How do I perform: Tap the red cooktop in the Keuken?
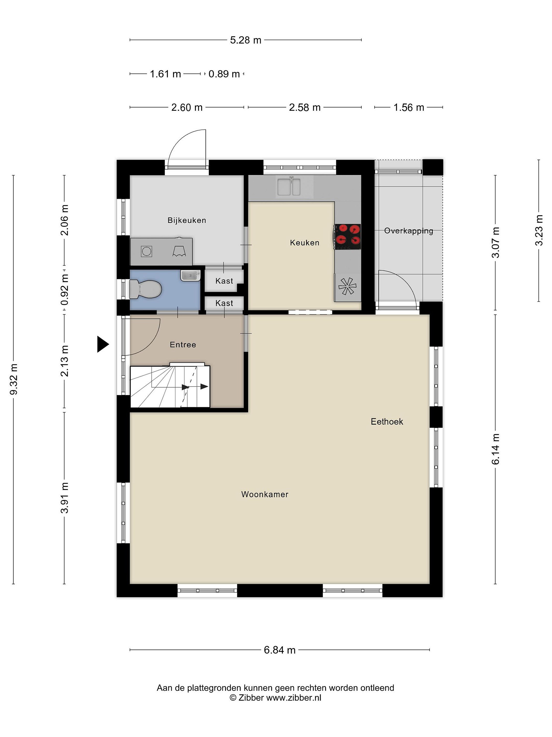pos(348,236)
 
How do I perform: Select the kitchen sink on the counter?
pos(289,187)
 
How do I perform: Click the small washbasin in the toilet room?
pos(191,276)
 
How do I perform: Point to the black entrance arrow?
pos(103,344)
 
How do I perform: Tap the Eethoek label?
pos(387,422)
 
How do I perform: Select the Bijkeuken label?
pos(187,220)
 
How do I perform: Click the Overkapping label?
pos(409,231)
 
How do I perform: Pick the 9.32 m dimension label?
pos(14,379)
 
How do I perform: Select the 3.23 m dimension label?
pos(539,230)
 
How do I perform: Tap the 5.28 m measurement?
pos(246,40)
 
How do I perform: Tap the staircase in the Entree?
pos(170,386)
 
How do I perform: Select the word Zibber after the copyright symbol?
pos(251,698)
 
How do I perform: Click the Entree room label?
pos(183,344)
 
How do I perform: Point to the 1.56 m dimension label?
pos(409,108)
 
